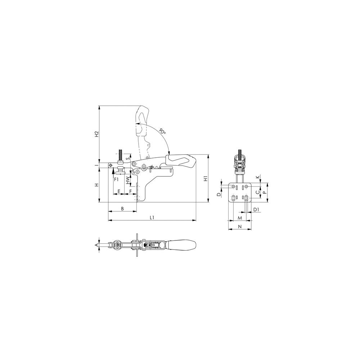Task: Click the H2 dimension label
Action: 96,134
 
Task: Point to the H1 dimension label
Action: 205,179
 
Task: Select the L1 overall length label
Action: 152,217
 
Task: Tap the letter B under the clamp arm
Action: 122,208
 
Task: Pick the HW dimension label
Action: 128,180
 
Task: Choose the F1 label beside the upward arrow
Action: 116,179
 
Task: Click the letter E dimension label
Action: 119,190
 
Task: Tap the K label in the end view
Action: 257,177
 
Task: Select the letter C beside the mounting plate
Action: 257,193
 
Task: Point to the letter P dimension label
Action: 265,193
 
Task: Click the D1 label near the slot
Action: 256,209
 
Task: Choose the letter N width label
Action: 240,226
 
